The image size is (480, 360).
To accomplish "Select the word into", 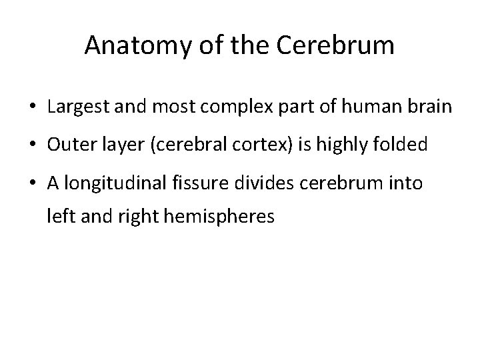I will (x=407, y=182).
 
